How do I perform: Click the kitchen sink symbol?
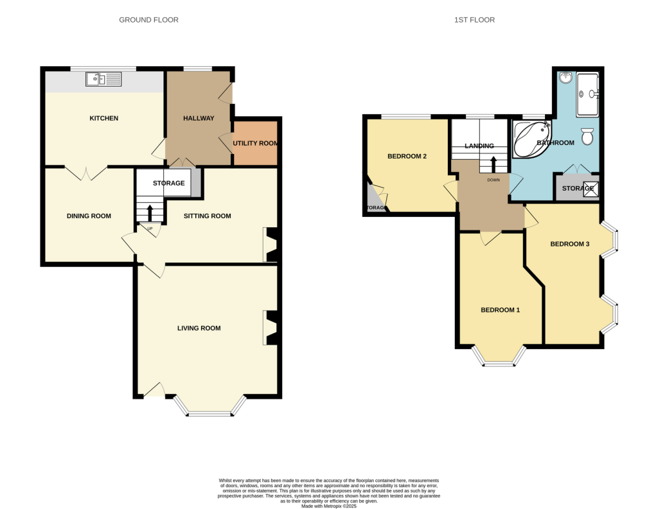(x=103, y=80)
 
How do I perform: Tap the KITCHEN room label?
(x=104, y=118)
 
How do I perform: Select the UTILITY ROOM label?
(x=255, y=142)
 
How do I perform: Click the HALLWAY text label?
(x=199, y=118)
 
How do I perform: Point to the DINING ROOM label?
(x=89, y=216)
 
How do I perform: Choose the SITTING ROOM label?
(x=208, y=216)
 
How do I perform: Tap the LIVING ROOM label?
(x=199, y=328)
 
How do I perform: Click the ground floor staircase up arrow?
(x=150, y=211)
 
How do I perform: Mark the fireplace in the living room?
(x=270, y=328)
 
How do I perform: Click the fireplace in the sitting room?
(x=271, y=245)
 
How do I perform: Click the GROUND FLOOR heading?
(x=148, y=20)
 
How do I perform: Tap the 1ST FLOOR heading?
(x=474, y=20)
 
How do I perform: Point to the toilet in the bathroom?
(x=587, y=136)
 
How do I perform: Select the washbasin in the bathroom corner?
(x=566, y=78)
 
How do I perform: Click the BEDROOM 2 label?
(x=407, y=156)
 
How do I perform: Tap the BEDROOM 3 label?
(x=569, y=244)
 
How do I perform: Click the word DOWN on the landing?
(x=493, y=180)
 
